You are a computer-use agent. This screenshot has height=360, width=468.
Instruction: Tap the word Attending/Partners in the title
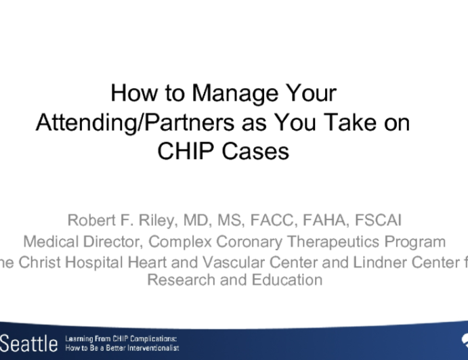point(139,122)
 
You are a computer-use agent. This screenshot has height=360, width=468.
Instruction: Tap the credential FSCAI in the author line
point(378,221)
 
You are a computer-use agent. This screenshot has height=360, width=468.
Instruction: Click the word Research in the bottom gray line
point(177,279)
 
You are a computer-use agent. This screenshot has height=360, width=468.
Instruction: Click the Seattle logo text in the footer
point(28,342)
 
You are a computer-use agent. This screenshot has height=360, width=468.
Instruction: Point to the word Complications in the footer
point(143,338)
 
